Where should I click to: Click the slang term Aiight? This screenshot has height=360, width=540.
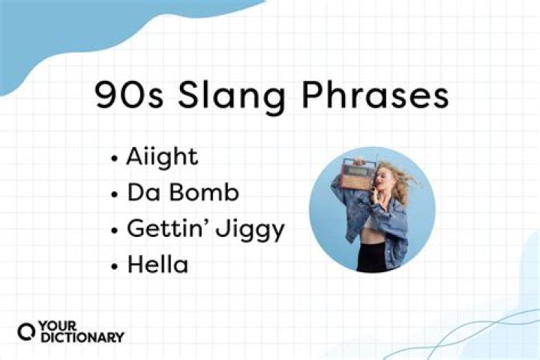point(163,157)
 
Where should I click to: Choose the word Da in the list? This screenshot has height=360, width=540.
point(142,193)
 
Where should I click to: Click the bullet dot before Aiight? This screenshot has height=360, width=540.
point(114,159)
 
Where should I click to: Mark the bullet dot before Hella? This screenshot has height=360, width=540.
point(114,265)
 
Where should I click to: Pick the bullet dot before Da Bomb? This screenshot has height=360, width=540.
point(114,194)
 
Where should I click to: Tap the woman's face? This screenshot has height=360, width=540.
point(381,180)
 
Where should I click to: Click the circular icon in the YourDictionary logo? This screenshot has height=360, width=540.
point(25,331)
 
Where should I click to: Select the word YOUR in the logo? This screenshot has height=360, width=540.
point(56,325)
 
